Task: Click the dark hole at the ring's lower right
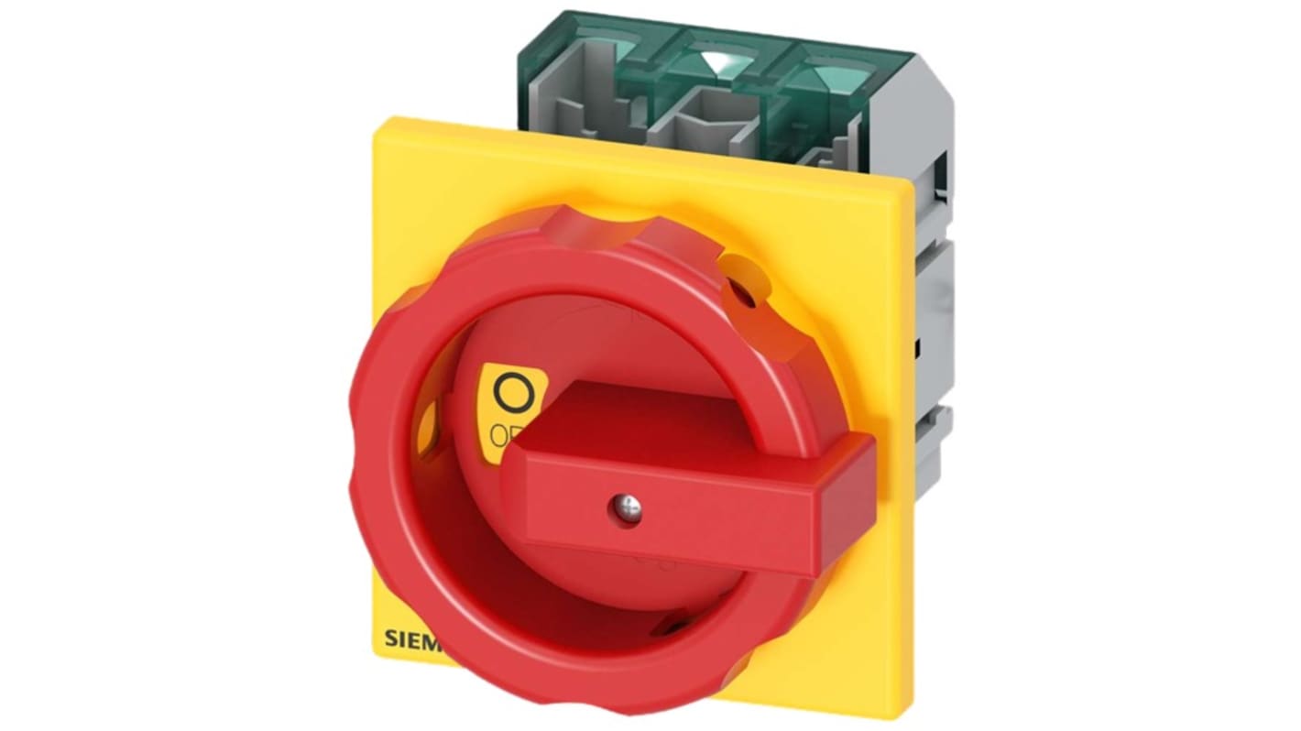(676, 627)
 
